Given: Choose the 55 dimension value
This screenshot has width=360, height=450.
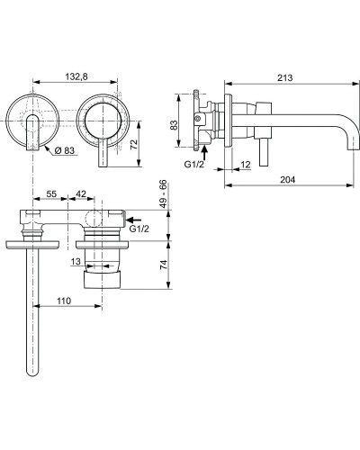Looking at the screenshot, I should (51, 194).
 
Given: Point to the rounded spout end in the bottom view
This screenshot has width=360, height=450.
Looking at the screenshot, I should (37, 367).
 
